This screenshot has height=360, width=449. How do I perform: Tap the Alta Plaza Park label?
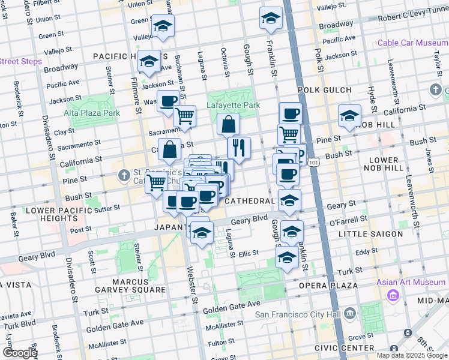(92, 113)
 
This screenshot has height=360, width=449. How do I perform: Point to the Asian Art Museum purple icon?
(394, 295)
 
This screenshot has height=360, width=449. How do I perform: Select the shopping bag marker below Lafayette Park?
(228, 125)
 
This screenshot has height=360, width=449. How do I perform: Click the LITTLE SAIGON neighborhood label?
(370, 234)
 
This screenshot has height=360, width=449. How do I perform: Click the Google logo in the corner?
(20, 353)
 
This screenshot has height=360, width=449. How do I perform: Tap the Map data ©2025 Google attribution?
(411, 355)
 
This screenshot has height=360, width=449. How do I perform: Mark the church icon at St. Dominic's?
(124, 176)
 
